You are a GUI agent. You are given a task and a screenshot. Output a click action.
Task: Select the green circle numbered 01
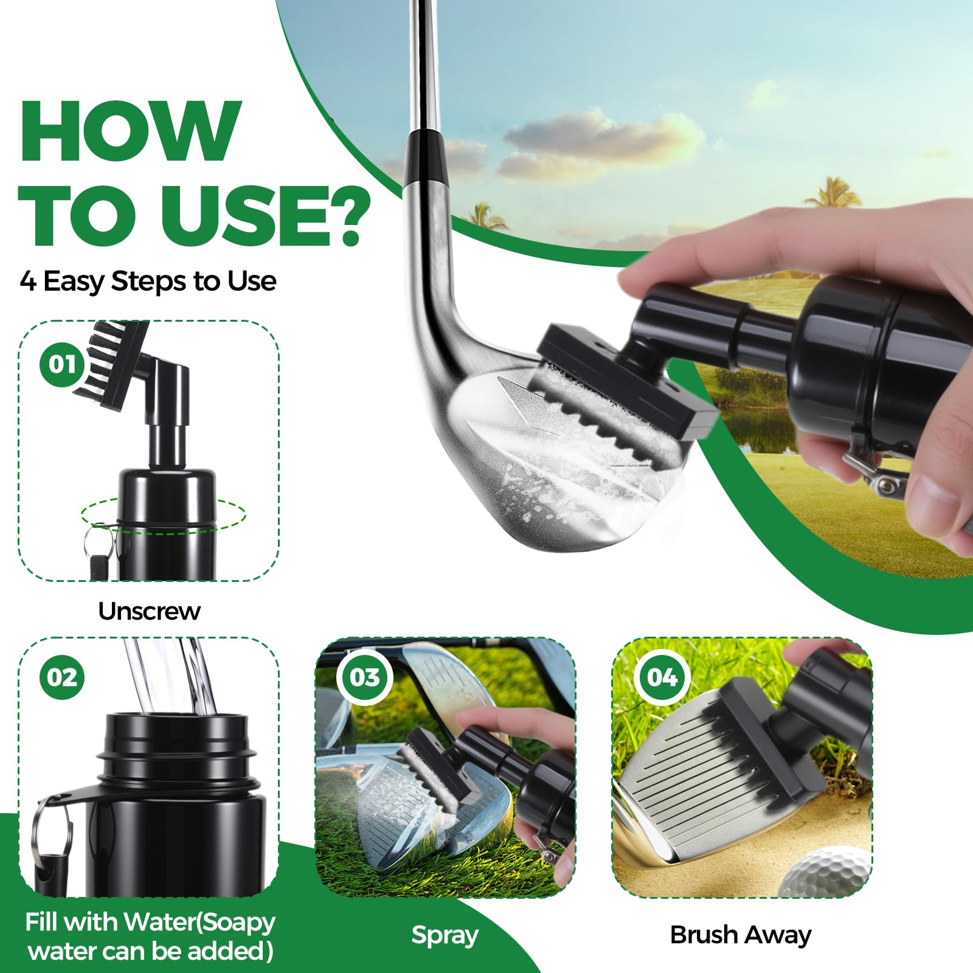click(x=62, y=364)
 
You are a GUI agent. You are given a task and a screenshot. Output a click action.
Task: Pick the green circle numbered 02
click(x=62, y=677)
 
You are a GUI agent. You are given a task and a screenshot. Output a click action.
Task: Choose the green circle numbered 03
click(x=364, y=677)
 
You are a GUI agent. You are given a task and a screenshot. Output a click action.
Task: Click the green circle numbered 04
click(x=662, y=677)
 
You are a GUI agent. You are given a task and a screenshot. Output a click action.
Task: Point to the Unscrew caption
click(x=150, y=611)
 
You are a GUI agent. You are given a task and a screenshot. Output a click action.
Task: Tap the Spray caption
click(x=445, y=935)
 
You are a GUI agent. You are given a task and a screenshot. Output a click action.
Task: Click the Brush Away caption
click(x=741, y=935)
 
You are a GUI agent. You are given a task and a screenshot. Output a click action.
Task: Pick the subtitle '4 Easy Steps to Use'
click(x=148, y=282)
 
